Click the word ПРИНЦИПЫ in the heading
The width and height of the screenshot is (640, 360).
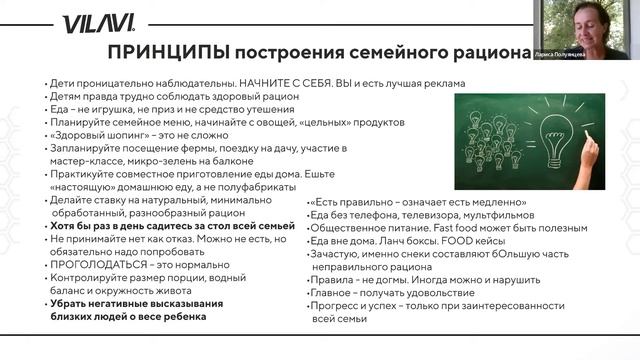coord(165,51)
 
